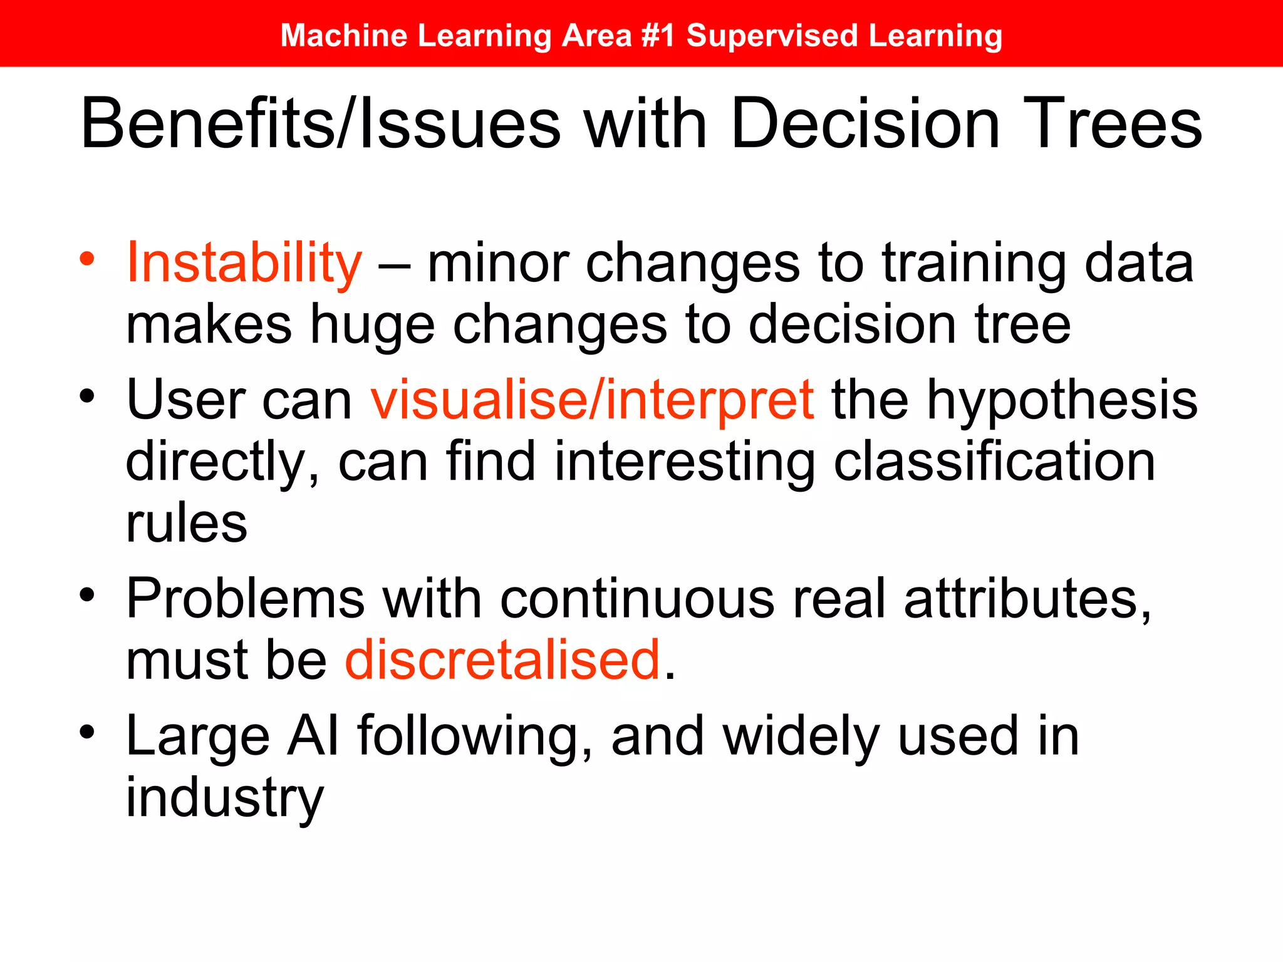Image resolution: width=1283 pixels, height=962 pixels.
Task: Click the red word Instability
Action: (x=244, y=263)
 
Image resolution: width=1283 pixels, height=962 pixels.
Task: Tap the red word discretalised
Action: (x=503, y=660)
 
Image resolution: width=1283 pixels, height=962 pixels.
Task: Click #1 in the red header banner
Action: (x=658, y=35)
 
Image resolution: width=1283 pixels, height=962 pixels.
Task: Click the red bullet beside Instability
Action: (x=87, y=258)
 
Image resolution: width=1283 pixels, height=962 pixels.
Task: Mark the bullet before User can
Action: (x=87, y=396)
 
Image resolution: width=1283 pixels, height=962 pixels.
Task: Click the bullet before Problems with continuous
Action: (x=87, y=594)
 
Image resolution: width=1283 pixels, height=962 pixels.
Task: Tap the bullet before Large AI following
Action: (x=87, y=732)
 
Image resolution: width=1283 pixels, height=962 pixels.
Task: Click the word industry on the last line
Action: (x=225, y=799)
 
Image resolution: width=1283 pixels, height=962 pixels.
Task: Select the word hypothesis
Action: (x=1062, y=401)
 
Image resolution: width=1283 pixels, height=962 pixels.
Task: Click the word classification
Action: (x=994, y=462)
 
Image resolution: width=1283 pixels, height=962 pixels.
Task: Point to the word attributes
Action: (x=1027, y=599)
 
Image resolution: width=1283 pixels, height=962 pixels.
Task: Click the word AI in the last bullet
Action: (x=313, y=736)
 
